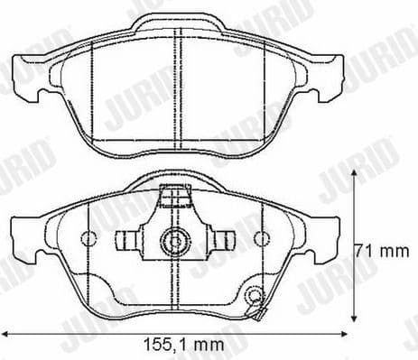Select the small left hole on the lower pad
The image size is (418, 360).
click(x=88, y=240)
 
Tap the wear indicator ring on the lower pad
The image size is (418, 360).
click(x=254, y=295)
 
